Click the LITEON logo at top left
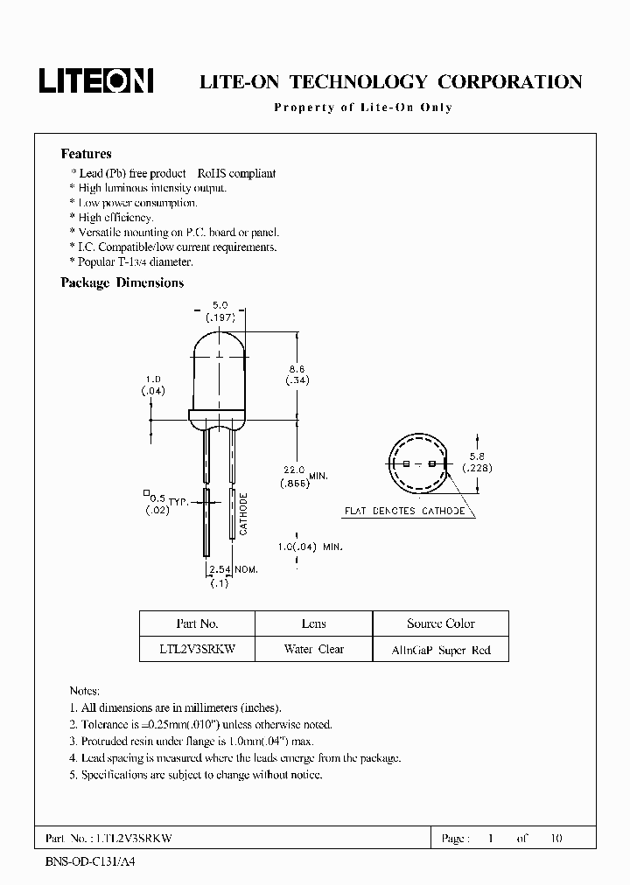tap(96, 81)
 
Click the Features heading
tap(87, 154)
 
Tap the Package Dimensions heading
tap(122, 282)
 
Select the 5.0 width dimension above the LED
tap(220, 306)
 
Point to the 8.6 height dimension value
tap(297, 370)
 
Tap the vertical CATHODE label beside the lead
tap(244, 514)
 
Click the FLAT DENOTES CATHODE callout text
tap(403, 511)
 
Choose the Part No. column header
tap(197, 624)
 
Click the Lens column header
tap(313, 624)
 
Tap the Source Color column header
tap(440, 624)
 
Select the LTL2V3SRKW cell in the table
tap(197, 649)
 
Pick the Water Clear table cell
tap(313, 649)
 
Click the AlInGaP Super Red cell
tap(440, 650)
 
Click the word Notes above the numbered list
tap(85, 691)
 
